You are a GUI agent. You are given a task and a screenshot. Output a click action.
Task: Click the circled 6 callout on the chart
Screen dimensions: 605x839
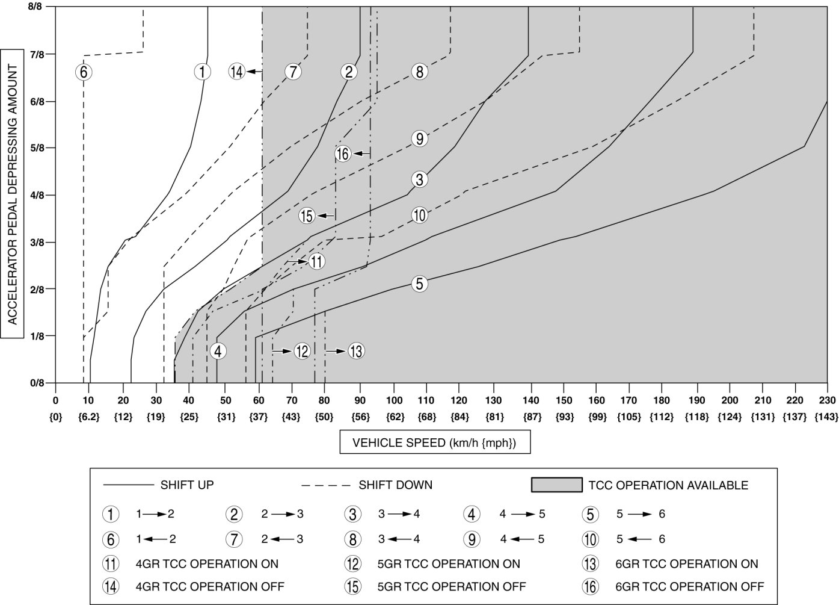(x=83, y=72)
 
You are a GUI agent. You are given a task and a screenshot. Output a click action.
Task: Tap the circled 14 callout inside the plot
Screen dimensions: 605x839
(x=237, y=72)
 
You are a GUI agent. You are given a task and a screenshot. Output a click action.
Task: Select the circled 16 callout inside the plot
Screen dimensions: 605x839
(x=343, y=154)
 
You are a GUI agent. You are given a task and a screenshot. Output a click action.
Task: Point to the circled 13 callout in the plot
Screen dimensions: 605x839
(x=356, y=351)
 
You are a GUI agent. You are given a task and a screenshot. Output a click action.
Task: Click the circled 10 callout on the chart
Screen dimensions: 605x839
(x=420, y=215)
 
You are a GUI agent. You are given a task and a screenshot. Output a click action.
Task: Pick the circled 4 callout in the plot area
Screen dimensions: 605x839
(x=218, y=351)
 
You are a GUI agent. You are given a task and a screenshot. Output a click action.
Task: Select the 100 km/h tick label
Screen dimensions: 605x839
(x=394, y=400)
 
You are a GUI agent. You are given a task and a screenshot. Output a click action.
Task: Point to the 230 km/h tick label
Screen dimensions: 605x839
(x=827, y=400)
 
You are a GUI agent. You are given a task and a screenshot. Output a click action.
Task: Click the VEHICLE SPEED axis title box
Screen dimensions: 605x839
(x=434, y=444)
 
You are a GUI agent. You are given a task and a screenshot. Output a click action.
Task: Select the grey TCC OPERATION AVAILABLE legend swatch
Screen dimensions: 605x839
(x=557, y=485)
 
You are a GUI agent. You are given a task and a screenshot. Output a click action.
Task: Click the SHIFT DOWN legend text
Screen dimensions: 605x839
(x=395, y=485)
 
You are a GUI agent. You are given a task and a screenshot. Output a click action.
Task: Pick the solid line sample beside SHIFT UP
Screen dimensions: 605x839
(x=129, y=485)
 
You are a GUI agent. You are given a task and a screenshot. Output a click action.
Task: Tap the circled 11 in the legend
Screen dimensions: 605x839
(x=111, y=564)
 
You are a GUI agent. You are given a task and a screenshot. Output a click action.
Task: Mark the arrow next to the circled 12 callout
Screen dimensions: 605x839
(x=281, y=350)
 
